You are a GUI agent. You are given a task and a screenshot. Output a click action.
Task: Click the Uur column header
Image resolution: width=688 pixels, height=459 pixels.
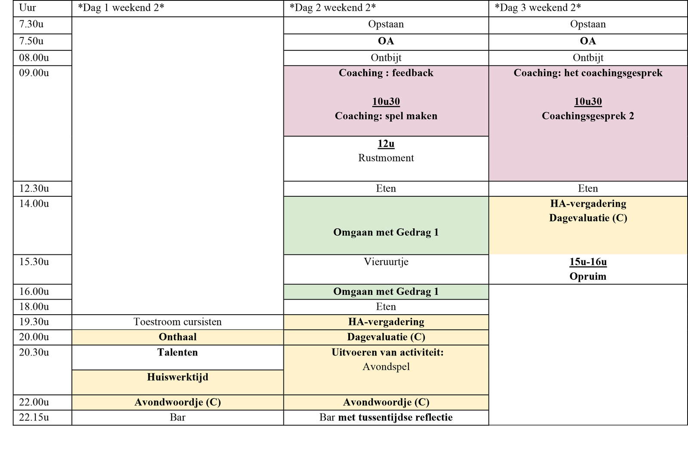(x=28, y=8)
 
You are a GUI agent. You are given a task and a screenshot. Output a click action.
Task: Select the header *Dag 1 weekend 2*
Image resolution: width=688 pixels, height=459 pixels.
(x=121, y=8)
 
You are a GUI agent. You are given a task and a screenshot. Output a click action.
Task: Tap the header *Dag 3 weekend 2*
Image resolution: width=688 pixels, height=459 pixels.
(x=538, y=8)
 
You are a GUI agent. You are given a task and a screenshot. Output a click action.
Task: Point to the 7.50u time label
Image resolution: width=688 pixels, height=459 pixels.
(x=31, y=41)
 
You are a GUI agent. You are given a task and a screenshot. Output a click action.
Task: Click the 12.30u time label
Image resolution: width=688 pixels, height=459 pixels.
(x=34, y=189)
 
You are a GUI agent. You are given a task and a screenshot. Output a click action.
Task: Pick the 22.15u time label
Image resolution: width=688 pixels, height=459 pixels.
(x=34, y=418)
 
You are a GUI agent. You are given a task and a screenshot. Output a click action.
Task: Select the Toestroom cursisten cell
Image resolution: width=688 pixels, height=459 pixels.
(x=178, y=322)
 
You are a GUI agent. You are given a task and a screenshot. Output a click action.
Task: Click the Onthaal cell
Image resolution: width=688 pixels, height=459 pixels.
(x=178, y=337)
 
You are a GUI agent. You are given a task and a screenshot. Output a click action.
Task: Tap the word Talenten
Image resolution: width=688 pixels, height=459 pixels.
(x=178, y=352)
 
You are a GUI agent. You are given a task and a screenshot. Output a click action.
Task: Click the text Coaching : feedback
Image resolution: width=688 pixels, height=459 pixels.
(x=386, y=73)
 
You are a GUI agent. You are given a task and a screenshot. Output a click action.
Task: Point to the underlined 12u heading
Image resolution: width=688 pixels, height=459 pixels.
(x=386, y=144)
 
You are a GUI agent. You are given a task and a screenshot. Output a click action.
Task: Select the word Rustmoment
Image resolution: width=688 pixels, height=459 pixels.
(x=386, y=158)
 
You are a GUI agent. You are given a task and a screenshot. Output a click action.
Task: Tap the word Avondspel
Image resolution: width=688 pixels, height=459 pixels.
(x=386, y=367)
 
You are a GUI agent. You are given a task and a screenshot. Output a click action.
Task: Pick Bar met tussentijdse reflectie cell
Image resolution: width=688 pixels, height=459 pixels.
(x=386, y=418)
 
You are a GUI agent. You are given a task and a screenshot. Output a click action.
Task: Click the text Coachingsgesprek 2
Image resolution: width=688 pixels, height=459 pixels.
(x=588, y=116)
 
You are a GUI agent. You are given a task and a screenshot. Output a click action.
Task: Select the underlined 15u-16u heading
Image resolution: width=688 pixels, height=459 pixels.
(x=588, y=262)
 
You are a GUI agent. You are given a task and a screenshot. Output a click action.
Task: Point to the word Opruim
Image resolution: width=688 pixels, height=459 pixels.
(x=588, y=277)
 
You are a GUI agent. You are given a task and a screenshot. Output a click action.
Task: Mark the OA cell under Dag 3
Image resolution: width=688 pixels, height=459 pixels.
(x=588, y=41)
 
